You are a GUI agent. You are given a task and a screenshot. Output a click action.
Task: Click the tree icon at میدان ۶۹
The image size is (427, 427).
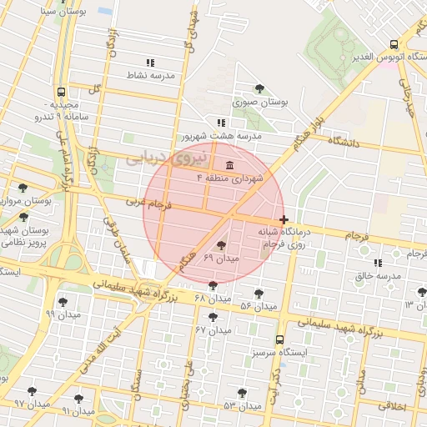point(220,245)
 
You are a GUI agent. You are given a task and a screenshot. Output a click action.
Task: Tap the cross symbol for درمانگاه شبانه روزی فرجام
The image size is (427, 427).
point(284,219)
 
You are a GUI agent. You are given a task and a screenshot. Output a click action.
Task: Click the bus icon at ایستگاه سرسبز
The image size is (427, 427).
point(279,339)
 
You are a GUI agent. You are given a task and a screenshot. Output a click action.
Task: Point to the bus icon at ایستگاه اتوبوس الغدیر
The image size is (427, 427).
point(394,45)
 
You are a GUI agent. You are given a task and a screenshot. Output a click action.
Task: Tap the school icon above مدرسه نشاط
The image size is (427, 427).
point(150,63)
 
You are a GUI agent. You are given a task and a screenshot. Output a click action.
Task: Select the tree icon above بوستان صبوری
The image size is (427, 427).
point(259,88)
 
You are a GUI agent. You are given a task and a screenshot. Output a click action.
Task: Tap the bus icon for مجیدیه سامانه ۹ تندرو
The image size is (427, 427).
point(61,93)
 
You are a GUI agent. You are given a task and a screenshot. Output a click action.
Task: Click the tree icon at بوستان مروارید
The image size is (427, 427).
point(22,188)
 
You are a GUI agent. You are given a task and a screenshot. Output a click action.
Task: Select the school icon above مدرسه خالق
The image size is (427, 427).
point(378,263)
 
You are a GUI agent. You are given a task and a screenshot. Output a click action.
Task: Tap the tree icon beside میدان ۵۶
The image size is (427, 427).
point(259,294)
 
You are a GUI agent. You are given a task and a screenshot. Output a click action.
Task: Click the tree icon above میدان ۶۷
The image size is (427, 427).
point(213,317)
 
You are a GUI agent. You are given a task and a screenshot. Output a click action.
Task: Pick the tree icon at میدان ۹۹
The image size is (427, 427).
point(63,302)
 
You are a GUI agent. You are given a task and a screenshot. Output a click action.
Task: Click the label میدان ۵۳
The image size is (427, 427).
point(219,405)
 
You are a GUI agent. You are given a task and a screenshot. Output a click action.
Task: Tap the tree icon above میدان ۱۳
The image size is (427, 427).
point(421,292)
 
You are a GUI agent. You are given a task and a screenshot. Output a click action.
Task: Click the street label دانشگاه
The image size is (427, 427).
point(343,143)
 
